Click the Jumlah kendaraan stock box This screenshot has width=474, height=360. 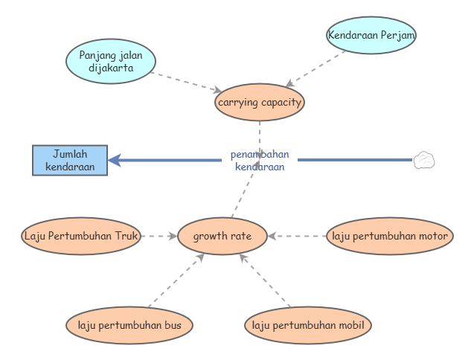pos(70,160)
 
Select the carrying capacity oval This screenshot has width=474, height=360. pos(260,103)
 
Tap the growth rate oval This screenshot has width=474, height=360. pos(222,237)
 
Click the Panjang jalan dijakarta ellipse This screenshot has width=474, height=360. pos(111,61)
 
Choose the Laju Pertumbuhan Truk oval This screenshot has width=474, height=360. pos(81,237)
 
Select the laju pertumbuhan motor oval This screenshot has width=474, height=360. pos(390,237)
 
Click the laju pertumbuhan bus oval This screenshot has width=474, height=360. pos(129,325)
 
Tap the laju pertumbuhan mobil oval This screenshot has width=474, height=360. pos(307,325)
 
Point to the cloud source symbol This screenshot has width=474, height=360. pos(424,160)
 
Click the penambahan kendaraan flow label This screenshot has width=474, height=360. pos(260,161)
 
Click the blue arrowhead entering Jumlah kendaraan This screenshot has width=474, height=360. pos(115,160)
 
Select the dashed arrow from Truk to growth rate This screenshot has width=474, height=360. pos(158,237)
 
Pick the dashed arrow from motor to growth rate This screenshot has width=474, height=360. pos(298,237)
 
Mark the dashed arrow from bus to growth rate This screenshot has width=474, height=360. pos(177,280)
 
